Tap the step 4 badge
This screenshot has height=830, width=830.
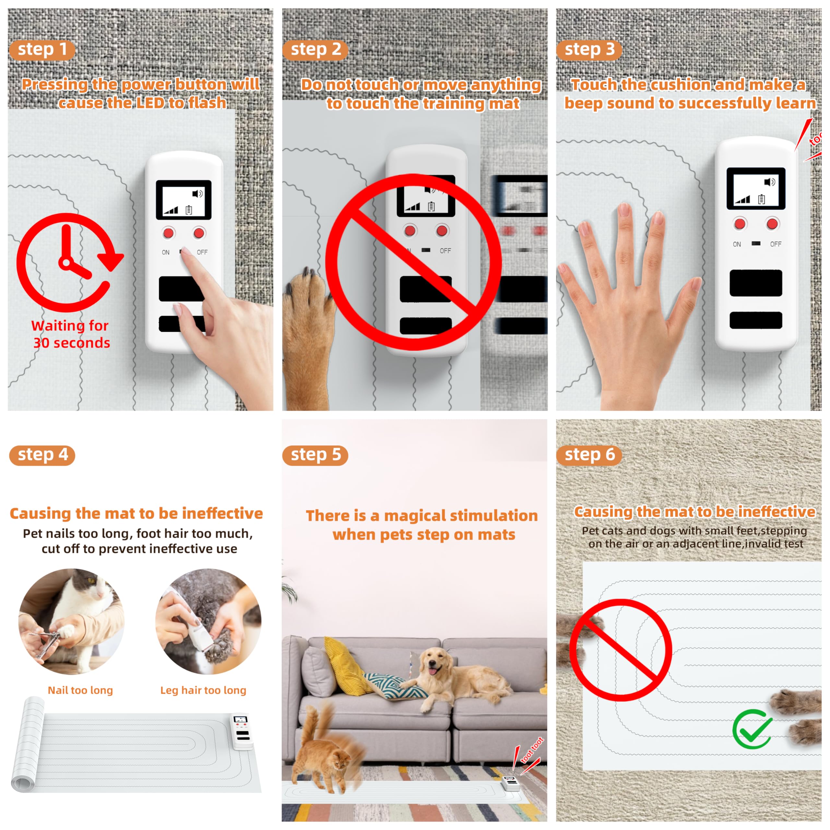click(42, 455)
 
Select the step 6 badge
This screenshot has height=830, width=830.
click(589, 455)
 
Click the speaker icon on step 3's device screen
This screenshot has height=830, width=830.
click(770, 182)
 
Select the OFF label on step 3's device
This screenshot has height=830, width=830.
click(776, 244)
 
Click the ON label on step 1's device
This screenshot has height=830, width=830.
click(165, 252)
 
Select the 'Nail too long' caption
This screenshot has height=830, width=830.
click(80, 690)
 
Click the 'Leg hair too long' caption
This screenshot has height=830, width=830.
click(203, 690)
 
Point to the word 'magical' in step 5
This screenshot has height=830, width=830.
click(415, 516)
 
